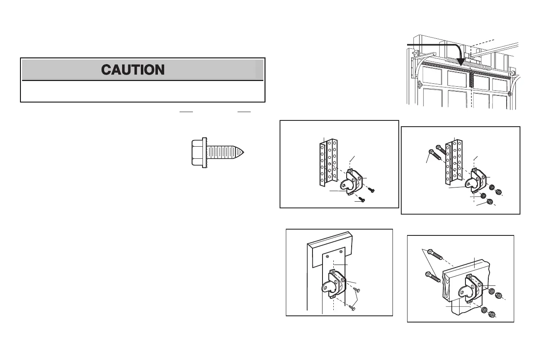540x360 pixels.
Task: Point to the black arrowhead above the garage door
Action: click(x=461, y=61)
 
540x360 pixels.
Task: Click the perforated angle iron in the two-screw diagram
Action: click(x=328, y=162)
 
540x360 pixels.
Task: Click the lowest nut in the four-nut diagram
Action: click(x=490, y=202)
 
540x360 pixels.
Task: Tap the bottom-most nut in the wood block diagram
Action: click(x=490, y=313)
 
